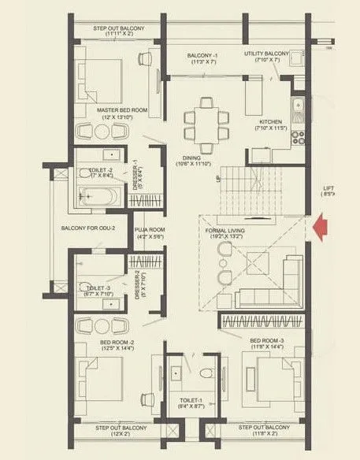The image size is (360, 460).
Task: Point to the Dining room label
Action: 195,159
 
